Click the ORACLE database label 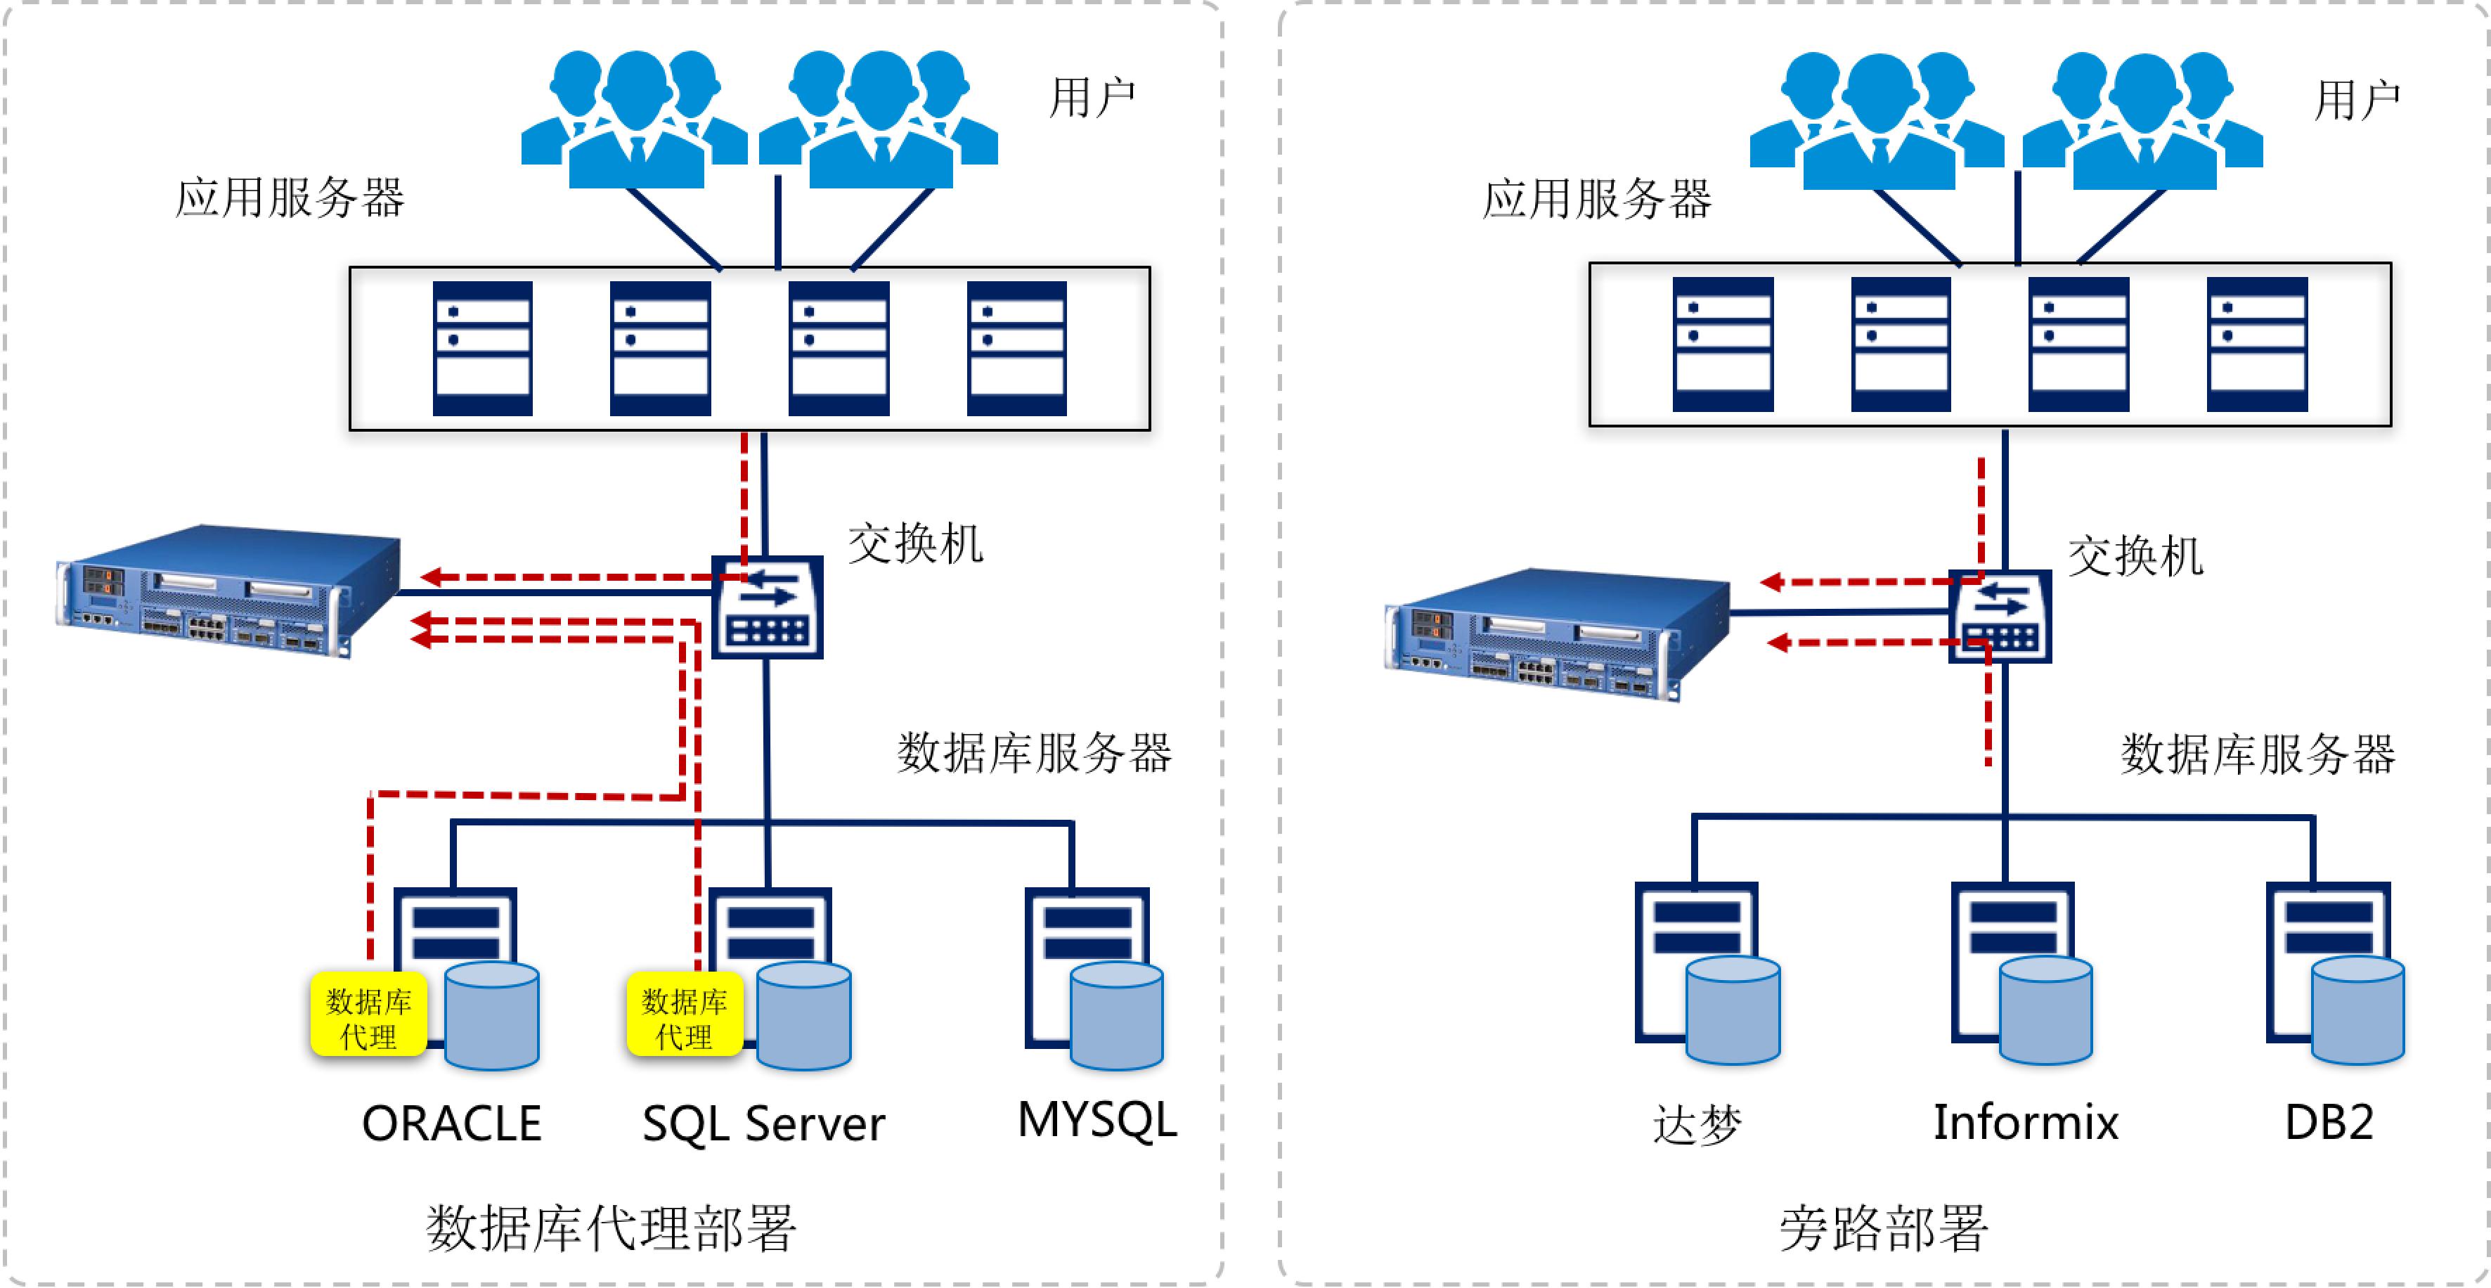click(451, 1123)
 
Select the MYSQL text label click(1098, 1120)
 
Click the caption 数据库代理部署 click(611, 1228)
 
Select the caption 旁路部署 click(1884, 1228)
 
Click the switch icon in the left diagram click(768, 607)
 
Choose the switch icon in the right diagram click(2000, 617)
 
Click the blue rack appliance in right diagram click(1557, 633)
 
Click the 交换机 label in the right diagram click(2135, 557)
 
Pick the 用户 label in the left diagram click(1093, 98)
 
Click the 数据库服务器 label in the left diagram click(1035, 753)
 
